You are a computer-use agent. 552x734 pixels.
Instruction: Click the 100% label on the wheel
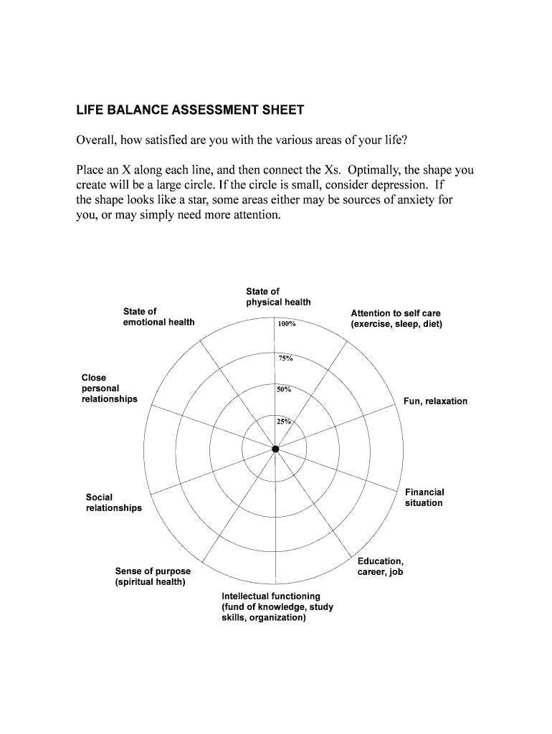pyautogui.click(x=287, y=324)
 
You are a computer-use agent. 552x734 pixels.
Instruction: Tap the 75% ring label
pyautogui.click(x=285, y=358)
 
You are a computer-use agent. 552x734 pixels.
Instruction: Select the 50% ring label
pyautogui.click(x=283, y=389)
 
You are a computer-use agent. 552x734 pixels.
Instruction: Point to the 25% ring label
pyautogui.click(x=283, y=421)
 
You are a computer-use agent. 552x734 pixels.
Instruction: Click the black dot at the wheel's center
pyautogui.click(x=275, y=449)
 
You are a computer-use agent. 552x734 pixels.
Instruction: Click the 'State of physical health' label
pyautogui.click(x=278, y=297)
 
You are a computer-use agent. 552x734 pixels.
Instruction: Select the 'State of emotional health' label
pyautogui.click(x=158, y=317)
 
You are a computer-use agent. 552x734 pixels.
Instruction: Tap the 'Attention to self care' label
pyautogui.click(x=396, y=319)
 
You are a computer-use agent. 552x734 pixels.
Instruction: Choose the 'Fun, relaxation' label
pyautogui.click(x=435, y=401)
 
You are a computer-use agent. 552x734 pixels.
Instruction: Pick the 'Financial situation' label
pyautogui.click(x=424, y=497)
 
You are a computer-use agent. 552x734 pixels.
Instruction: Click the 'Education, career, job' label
pyautogui.click(x=381, y=566)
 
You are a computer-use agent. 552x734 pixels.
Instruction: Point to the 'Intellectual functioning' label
pyautogui.click(x=277, y=606)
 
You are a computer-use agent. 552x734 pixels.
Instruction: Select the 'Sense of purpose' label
pyautogui.click(x=153, y=576)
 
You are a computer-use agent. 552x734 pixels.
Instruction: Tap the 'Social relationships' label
pyautogui.click(x=113, y=502)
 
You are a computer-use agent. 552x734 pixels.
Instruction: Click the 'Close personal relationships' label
pyautogui.click(x=109, y=388)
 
